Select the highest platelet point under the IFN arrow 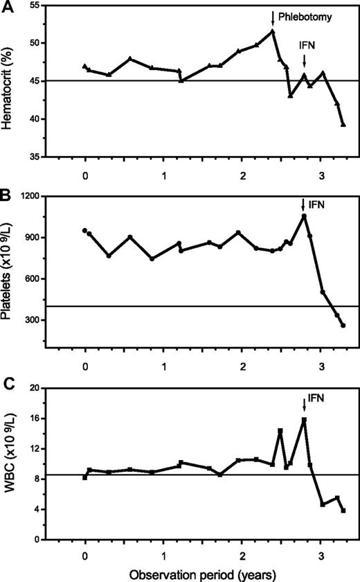click(304, 216)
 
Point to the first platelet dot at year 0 click(85, 231)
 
